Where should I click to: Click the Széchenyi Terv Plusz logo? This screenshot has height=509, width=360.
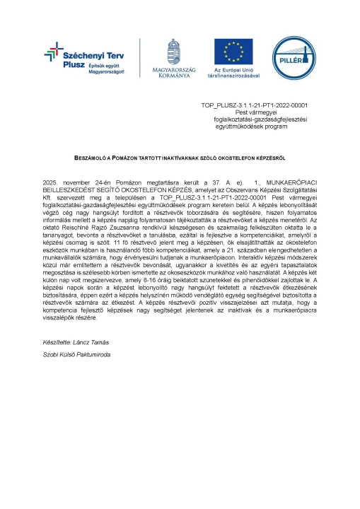[74, 57]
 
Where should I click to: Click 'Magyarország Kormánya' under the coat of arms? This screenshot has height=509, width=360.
[173, 73]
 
